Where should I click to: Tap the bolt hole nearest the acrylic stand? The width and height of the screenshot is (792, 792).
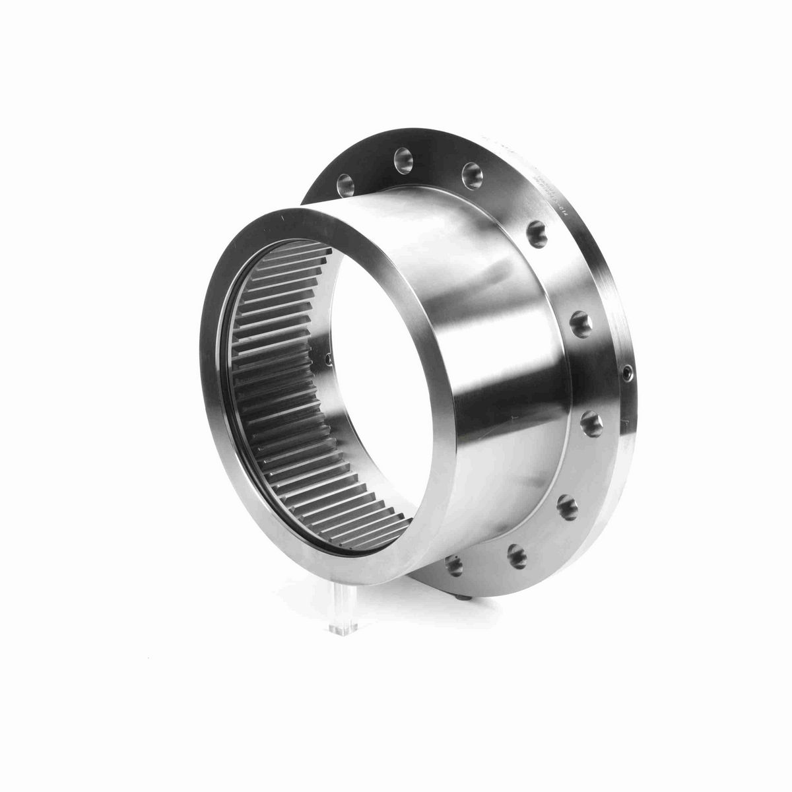(x=453, y=563)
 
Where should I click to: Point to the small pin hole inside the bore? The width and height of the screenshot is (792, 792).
(x=328, y=360)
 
